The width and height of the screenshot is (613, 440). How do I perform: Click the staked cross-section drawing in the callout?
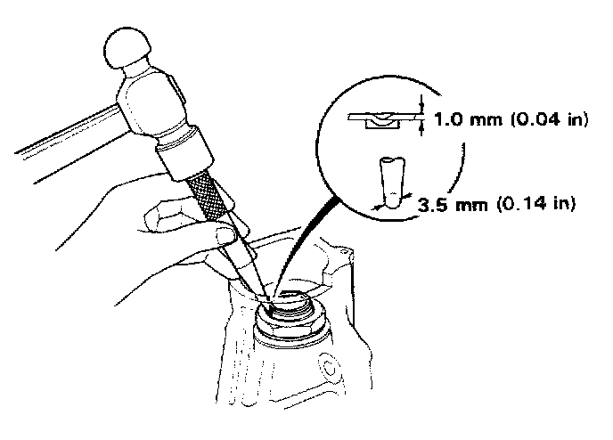point(380,119)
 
